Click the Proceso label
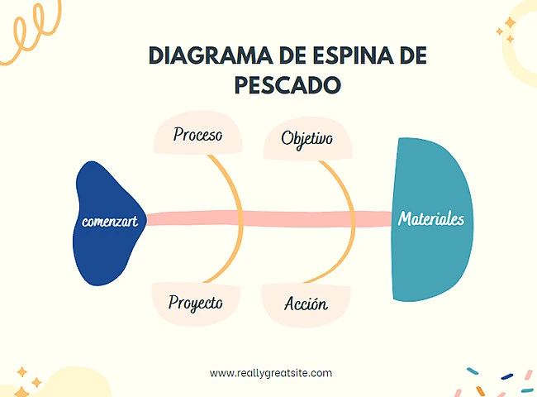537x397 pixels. pyautogui.click(x=197, y=135)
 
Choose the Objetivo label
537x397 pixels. pyautogui.click(x=307, y=138)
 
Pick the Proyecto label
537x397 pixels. pyautogui.click(x=196, y=302)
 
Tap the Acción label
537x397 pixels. pyautogui.click(x=306, y=303)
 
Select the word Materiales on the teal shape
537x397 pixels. pyautogui.click(x=431, y=219)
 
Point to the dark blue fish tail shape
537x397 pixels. pyautogui.click(x=103, y=248)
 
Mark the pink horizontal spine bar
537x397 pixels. pyautogui.click(x=273, y=219)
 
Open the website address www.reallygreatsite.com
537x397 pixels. pyautogui.click(x=271, y=373)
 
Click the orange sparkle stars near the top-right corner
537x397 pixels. pyautogui.click(x=506, y=31)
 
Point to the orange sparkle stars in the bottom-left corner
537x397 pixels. pyautogui.click(x=27, y=376)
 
